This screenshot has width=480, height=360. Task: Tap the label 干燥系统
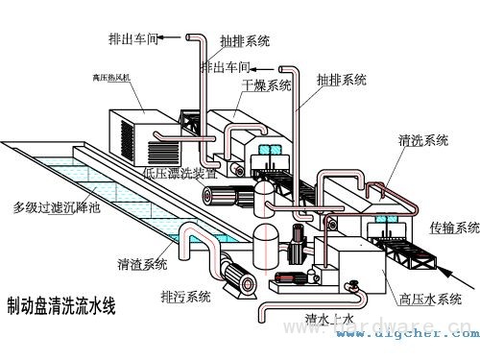pyautogui.click(x=266, y=85)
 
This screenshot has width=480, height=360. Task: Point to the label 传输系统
pyautogui.click(x=454, y=228)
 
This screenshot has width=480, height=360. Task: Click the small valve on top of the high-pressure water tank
pyautogui.click(x=353, y=285)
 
